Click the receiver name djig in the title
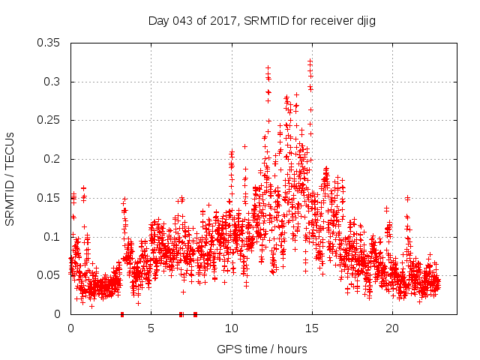pos(364,21)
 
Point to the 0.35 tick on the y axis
pos(49,43)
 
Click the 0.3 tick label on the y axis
pos(52,82)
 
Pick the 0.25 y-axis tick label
pos(49,120)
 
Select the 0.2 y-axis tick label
pos(52,159)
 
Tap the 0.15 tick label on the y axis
pos(49,198)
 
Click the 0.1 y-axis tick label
pos(52,237)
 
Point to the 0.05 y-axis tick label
pos(49,275)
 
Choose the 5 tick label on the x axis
pos(151,328)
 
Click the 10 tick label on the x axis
pos(232,328)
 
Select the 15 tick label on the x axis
pos(312,328)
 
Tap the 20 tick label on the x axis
pos(392,328)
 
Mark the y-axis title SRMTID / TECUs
pos(10,178)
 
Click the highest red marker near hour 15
pos(310,61)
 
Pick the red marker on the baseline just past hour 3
pos(122,314)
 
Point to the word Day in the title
pos(159,21)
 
